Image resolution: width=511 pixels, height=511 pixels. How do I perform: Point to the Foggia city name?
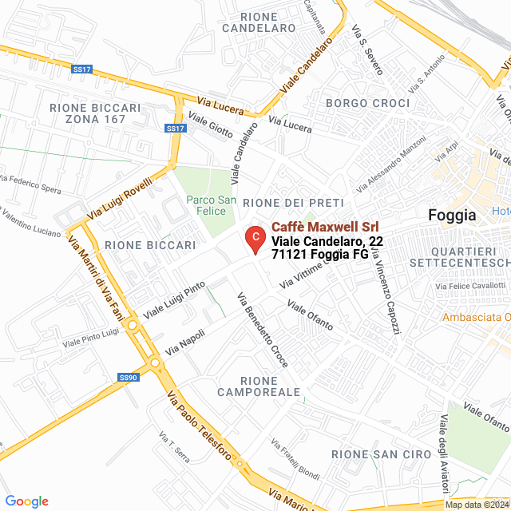pyautogui.click(x=452, y=215)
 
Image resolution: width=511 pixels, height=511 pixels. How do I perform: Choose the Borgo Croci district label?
pyautogui.click(x=367, y=104)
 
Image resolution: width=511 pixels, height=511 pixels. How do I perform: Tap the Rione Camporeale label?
pyautogui.click(x=259, y=386)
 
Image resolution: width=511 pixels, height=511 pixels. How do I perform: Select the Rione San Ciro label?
pyautogui.click(x=364, y=454)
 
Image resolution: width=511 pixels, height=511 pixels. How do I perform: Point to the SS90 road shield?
pyautogui.click(x=128, y=377)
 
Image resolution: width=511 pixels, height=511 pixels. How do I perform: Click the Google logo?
pyautogui.click(x=26, y=501)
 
